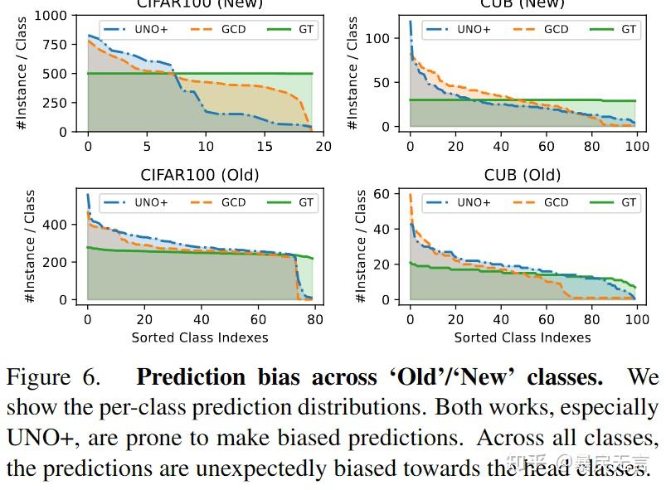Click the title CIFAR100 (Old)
pyautogui.click(x=200, y=175)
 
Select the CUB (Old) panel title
pyautogui.click(x=523, y=175)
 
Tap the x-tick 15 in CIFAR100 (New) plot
pyautogui.click(x=264, y=147)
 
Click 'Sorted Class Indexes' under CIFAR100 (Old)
pyautogui.click(x=200, y=337)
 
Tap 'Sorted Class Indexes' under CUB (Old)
pyautogui.click(x=523, y=337)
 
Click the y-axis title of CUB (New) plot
pyautogui.click(x=352, y=73)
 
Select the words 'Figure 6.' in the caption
pyautogui.click(x=53, y=378)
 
